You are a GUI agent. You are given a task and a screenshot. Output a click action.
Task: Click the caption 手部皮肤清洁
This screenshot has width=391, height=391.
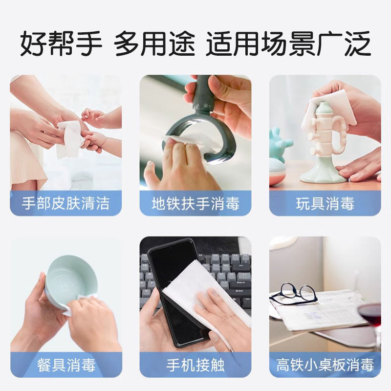[x=65, y=203]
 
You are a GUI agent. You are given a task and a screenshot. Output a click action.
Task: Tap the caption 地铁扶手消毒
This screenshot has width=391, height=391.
[x=195, y=203]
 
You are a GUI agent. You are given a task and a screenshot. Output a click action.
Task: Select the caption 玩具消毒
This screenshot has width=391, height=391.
[x=325, y=203]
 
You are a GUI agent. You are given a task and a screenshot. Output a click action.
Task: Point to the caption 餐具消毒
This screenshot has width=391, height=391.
[x=66, y=365]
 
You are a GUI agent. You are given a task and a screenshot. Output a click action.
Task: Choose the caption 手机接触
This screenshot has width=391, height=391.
[x=195, y=365]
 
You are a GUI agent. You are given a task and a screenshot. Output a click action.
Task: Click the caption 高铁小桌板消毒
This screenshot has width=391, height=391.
[x=325, y=365]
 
